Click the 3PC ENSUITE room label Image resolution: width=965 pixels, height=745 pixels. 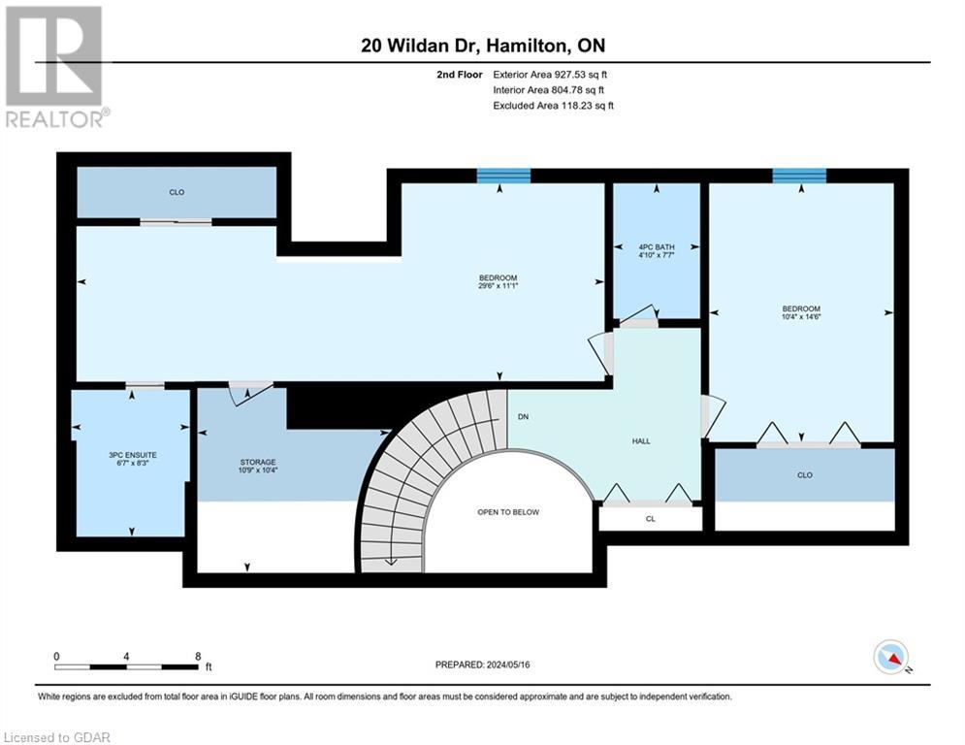click(130, 455)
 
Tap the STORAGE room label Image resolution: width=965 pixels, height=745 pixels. click(259, 462)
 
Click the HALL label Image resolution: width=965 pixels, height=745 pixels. click(641, 440)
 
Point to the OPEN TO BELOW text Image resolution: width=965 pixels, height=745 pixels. click(508, 512)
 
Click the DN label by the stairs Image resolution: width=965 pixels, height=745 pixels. click(522, 416)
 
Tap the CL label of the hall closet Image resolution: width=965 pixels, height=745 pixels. click(650, 519)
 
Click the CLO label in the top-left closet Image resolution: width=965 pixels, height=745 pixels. click(177, 192)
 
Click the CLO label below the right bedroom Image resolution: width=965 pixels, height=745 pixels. click(804, 474)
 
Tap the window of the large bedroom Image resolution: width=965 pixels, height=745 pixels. click(503, 176)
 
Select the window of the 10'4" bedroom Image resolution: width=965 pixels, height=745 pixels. click(799, 176)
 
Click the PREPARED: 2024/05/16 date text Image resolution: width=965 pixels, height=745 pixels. click(491, 664)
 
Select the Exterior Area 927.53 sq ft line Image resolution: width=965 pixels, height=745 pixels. click(550, 74)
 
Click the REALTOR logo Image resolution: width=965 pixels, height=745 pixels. click(54, 66)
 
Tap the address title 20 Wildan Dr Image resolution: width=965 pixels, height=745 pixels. click(428, 46)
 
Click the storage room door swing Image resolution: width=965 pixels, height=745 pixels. click(242, 391)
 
